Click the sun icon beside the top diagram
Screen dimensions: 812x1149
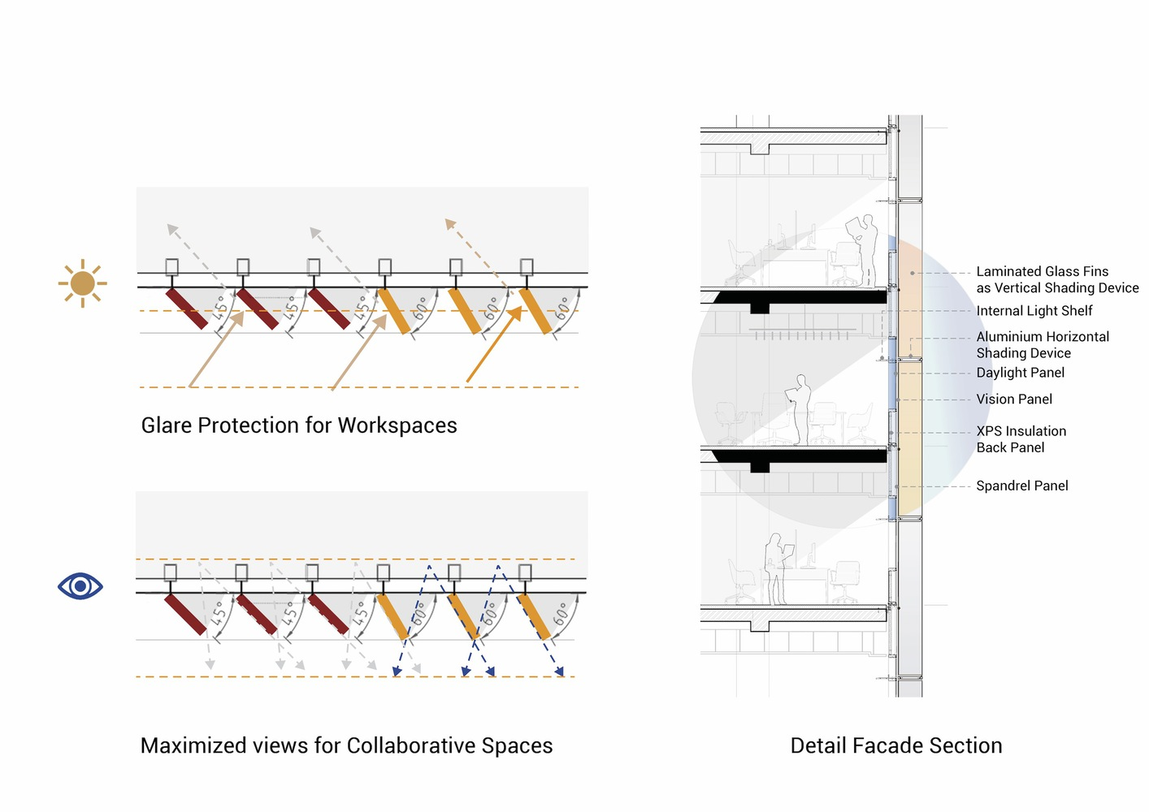(83, 283)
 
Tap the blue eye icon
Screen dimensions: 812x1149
(80, 585)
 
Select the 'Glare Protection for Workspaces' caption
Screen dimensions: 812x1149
(299, 425)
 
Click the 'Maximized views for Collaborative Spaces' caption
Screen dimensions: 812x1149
(346, 745)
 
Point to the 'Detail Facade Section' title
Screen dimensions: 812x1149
(895, 745)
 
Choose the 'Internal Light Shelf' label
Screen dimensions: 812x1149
(1034, 311)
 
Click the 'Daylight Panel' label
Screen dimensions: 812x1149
(1020, 373)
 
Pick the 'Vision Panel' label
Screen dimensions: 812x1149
(1014, 400)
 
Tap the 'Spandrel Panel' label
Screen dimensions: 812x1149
(1021, 486)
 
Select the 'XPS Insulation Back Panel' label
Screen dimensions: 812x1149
(1021, 439)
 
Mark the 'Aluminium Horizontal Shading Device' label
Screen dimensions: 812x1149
(1042, 345)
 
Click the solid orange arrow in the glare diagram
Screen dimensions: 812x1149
(494, 344)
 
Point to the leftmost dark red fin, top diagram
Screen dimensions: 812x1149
(188, 309)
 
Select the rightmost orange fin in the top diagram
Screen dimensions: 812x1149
(535, 311)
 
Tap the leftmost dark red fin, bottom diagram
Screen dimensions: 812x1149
(185, 614)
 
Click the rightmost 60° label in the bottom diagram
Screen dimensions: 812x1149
(561, 615)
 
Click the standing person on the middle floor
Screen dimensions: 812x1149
(801, 409)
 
